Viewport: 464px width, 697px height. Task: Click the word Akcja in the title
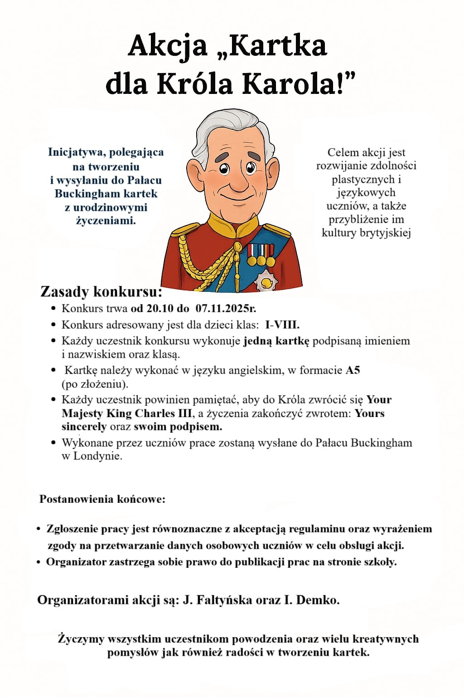pyautogui.click(x=167, y=46)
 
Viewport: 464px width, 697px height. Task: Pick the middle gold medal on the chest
pyautogui.click(x=261, y=261)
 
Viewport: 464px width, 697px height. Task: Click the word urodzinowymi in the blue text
pyautogui.click(x=110, y=207)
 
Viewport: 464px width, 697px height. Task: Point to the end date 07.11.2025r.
pyautogui.click(x=226, y=309)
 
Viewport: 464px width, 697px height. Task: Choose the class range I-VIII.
pyautogui.click(x=282, y=325)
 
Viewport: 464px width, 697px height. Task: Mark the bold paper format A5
pyautogui.click(x=353, y=370)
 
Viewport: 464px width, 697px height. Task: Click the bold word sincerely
pyautogui.click(x=84, y=427)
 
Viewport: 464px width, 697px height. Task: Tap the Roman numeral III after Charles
pyautogui.click(x=184, y=413)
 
